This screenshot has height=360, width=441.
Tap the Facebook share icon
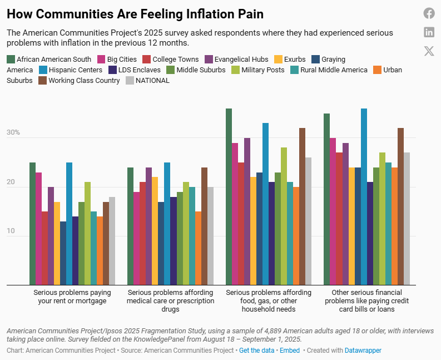(x=429, y=13)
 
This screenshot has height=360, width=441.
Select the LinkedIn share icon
(x=429, y=32)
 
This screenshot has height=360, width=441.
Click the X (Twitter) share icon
(x=429, y=51)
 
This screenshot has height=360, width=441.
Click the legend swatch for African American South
(x=11, y=59)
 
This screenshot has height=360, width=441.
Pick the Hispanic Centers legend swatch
(x=43, y=70)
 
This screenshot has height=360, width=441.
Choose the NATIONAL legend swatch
(x=130, y=81)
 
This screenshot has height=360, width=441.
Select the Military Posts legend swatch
(x=236, y=70)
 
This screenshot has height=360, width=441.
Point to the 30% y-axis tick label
(x=13, y=133)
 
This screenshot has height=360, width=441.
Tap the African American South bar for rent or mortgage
(x=32, y=224)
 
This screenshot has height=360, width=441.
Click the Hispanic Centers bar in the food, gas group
(x=265, y=204)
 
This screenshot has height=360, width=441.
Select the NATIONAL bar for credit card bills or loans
(x=406, y=219)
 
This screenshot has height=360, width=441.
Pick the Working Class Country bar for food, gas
(x=302, y=206)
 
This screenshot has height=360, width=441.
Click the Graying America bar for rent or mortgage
(x=63, y=253)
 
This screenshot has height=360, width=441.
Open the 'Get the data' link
(x=256, y=351)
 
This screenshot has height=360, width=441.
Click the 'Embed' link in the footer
(x=289, y=351)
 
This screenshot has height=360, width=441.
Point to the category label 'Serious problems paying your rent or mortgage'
(x=72, y=297)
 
